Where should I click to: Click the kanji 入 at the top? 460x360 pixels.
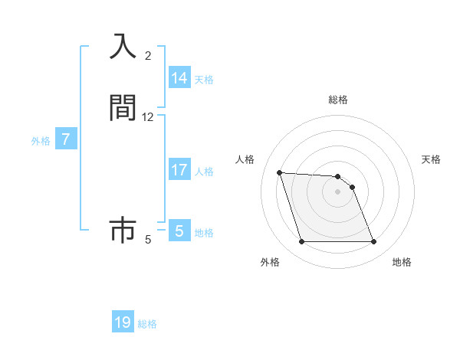(123, 47)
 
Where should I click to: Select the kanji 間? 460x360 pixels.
(123, 107)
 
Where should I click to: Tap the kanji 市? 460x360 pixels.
(123, 229)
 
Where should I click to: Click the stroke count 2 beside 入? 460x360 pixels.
(148, 56)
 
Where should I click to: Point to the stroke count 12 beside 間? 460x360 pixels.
(148, 117)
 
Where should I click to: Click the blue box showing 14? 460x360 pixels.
(179, 78)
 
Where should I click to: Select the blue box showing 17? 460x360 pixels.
(179, 170)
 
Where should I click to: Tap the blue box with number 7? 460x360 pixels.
(66, 140)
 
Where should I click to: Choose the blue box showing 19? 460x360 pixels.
(123, 322)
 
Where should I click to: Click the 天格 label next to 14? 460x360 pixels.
(204, 79)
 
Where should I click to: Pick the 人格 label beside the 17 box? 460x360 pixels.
(204, 171)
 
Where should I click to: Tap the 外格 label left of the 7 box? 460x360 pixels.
(41, 141)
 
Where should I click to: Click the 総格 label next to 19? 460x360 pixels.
(147, 324)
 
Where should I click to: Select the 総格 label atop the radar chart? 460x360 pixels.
(337, 100)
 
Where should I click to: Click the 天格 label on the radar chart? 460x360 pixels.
(431, 159)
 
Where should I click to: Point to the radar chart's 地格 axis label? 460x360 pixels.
(402, 262)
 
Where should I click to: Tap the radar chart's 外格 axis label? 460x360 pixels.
(270, 262)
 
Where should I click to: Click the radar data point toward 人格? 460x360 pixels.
(279, 172)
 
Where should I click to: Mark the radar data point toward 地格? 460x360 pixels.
(373, 242)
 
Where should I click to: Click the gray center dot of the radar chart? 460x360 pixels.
(337, 191)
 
